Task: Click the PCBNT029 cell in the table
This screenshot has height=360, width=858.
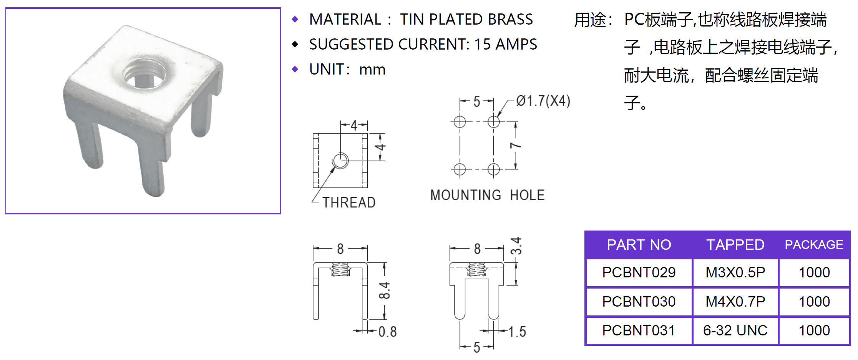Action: point(639,272)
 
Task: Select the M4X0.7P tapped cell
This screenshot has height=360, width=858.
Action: point(735,302)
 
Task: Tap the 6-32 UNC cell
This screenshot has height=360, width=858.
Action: point(735,330)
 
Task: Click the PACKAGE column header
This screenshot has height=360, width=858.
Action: point(814,245)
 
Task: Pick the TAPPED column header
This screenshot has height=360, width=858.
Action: point(735,245)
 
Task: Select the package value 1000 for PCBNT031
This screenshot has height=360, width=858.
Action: point(814,330)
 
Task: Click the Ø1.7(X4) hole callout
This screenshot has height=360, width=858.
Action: point(543,101)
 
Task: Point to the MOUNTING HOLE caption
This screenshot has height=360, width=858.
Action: point(487,195)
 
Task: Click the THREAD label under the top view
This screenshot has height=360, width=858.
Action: point(349,202)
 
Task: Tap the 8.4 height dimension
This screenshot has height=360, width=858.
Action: point(384,290)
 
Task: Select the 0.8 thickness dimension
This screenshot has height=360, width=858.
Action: point(387,332)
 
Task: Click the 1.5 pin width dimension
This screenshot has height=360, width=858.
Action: point(517,332)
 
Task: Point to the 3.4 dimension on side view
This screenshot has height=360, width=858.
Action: point(516,246)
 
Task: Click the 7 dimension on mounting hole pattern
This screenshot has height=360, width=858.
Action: point(516,146)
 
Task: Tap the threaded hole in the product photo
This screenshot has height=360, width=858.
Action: point(144,73)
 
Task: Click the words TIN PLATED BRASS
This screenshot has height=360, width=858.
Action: point(466,19)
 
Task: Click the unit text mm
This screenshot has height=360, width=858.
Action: point(372,70)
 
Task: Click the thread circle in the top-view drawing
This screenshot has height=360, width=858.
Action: point(340,161)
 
